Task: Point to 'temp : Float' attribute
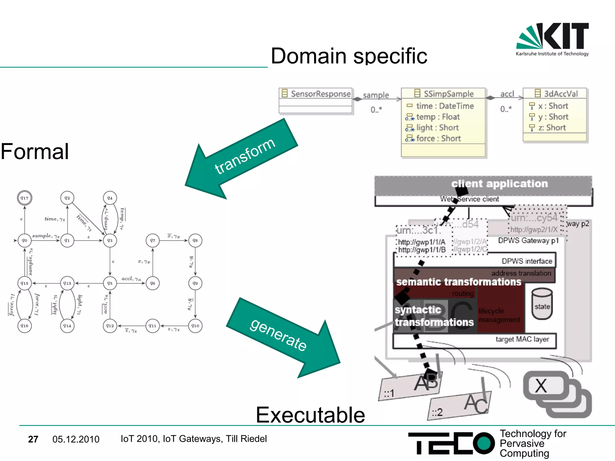coord(438,117)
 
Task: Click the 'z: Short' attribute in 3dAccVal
coord(551,128)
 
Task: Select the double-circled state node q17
coord(24,198)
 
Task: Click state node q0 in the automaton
coord(24,240)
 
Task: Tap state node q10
coord(195,326)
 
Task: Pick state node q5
coord(110,283)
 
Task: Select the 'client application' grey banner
coord(483,184)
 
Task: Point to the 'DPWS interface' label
coord(527,261)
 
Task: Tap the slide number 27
coord(33,439)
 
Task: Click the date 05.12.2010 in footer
coord(76,439)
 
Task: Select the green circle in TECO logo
coord(483,443)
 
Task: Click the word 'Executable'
coord(310,415)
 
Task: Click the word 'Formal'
coord(35,152)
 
